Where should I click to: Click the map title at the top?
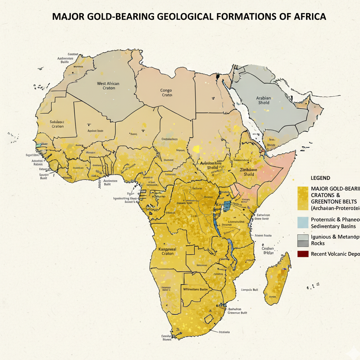(x=189, y=17)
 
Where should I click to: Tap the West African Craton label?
(x=108, y=86)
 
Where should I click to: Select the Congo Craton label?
(x=166, y=92)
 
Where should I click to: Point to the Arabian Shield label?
(x=264, y=100)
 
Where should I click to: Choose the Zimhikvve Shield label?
(x=248, y=172)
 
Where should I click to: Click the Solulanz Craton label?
(x=57, y=124)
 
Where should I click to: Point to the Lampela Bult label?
(x=250, y=290)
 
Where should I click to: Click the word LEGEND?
(x=320, y=178)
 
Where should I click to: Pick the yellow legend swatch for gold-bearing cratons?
(x=303, y=198)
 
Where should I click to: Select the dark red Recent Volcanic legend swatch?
(x=303, y=254)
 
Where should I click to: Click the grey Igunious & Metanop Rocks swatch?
(x=303, y=240)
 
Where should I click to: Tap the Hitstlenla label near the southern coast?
(x=224, y=332)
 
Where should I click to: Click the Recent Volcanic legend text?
(x=335, y=254)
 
